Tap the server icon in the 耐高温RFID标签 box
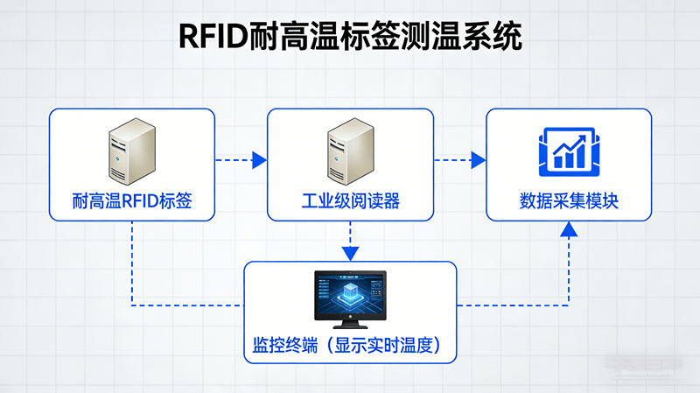click(132, 151)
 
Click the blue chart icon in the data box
click(569, 149)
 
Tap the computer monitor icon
click(350, 298)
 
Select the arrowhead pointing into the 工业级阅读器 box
click(259, 159)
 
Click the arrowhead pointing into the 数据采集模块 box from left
click(478, 159)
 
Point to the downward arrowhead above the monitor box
click(350, 253)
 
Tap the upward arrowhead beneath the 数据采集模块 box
click(569, 229)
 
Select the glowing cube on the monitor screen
click(350, 292)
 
